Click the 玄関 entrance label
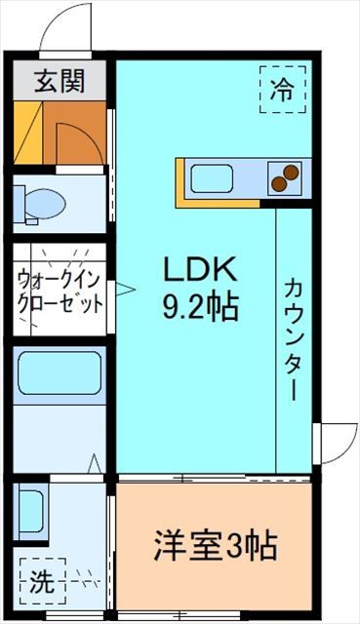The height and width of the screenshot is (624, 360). tap(60, 81)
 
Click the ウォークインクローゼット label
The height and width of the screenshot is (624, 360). tap(60, 291)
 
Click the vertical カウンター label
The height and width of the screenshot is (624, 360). tap(293, 337)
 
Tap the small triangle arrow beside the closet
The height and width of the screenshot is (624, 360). tap(124, 288)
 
